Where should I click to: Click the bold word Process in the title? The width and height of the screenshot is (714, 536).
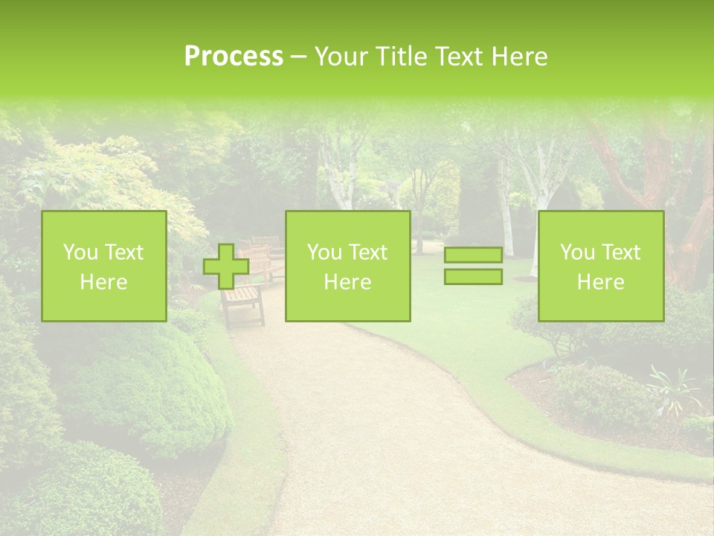coord(234,57)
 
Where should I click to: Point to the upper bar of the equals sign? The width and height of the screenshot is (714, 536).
coord(473,255)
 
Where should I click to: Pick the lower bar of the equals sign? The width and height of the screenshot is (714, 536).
coord(473,277)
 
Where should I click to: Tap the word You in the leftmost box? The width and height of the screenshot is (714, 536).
coord(80,252)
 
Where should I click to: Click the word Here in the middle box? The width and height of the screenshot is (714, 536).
coord(347,282)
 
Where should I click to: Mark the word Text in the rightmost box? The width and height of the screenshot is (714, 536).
coord(622,252)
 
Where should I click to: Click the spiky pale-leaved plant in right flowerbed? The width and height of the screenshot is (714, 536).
coord(673,387)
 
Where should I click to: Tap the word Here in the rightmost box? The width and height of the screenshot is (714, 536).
coord(600,282)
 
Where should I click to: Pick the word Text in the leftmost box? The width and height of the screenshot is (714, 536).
coord(125,252)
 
